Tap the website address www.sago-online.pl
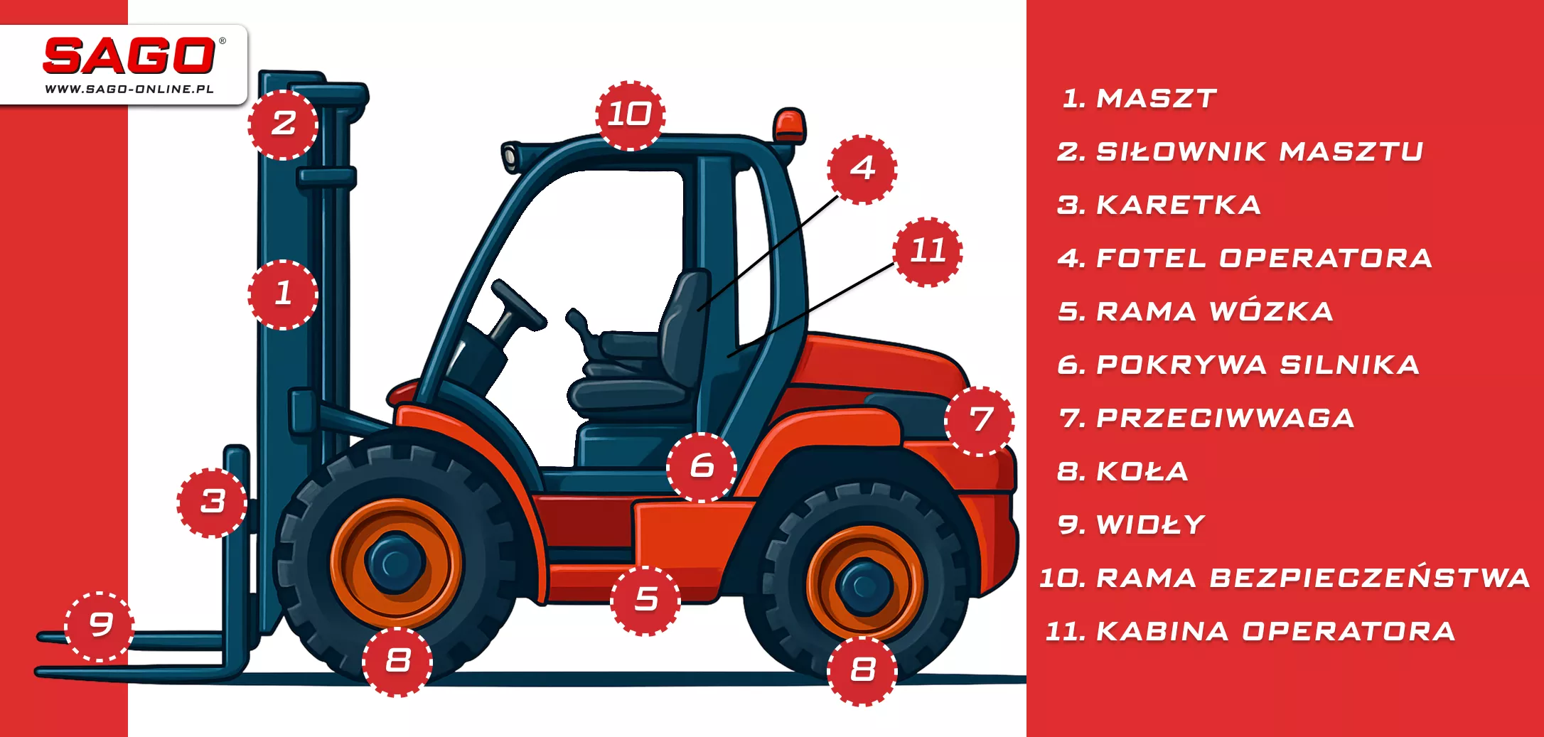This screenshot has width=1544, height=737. (129, 90)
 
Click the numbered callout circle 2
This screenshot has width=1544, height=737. (283, 124)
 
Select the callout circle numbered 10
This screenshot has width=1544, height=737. (630, 115)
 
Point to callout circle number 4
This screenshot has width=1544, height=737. (862, 169)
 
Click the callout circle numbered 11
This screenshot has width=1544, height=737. (928, 252)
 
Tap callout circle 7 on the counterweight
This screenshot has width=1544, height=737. (980, 421)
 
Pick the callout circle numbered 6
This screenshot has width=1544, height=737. (702, 467)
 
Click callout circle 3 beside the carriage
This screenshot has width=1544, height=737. (212, 502)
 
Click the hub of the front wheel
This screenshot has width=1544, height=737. (395, 563)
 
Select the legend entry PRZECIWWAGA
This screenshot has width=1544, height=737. (1206, 418)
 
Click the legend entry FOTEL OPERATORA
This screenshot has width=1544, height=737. (1245, 258)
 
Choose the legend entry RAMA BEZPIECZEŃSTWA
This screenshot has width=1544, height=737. (1285, 578)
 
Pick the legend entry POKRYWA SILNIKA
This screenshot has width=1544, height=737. (1238, 365)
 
